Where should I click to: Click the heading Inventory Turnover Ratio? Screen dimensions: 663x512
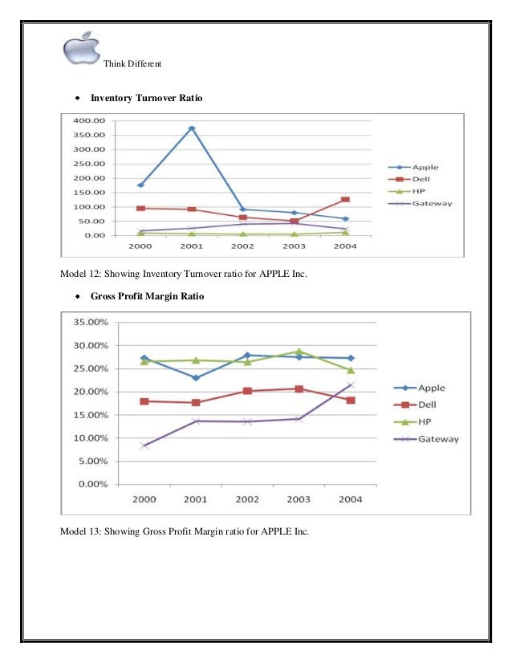[x=146, y=98]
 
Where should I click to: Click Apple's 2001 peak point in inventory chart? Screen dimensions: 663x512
[x=192, y=128]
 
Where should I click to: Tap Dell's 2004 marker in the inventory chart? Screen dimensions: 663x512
[x=345, y=199]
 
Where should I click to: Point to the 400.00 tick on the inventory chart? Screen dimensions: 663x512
[x=90, y=120]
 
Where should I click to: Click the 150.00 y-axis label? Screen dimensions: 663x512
[x=90, y=193]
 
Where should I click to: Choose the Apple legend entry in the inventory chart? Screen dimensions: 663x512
[x=425, y=167]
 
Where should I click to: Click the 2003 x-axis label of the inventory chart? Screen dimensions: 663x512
[x=294, y=246]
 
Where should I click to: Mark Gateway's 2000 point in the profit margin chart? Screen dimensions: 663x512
[x=144, y=445]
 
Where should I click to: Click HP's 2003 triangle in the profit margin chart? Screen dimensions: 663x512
[x=299, y=352]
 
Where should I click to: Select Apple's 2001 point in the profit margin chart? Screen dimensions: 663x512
[x=196, y=377]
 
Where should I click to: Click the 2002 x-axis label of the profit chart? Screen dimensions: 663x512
[x=247, y=498]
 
